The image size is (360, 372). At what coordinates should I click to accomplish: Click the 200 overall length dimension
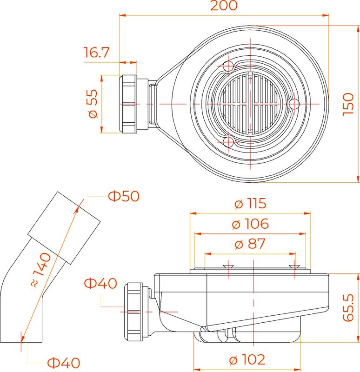224,6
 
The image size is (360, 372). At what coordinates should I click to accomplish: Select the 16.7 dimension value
96,53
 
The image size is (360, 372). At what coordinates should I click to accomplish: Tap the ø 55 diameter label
93,104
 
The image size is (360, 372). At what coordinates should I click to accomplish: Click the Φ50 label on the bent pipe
124,196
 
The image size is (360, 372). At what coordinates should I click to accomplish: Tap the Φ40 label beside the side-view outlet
100,283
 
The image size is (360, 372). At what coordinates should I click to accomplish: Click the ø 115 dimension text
250,204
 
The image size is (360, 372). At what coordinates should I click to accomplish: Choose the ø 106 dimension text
251,224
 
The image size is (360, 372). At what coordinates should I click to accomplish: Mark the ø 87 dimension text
250,244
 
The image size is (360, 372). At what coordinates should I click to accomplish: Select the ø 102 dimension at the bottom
247,359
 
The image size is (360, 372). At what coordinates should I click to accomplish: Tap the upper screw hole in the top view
228,66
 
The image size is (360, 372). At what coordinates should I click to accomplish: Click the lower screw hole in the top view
228,141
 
